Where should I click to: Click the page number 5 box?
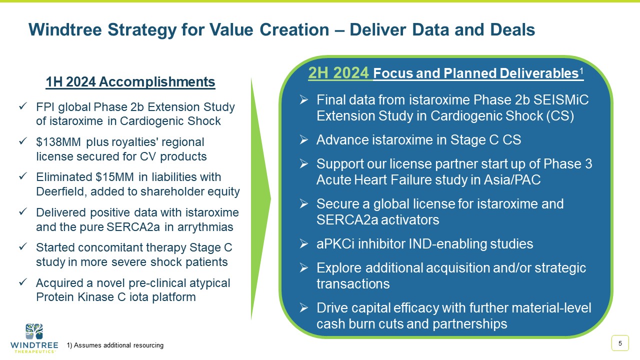[620, 343]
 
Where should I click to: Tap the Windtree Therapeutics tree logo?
[34, 332]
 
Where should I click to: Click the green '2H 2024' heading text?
[339, 73]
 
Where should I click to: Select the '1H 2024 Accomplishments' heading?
[130, 82]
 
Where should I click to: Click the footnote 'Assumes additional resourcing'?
[118, 345]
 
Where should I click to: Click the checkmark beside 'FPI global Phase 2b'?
[22, 107]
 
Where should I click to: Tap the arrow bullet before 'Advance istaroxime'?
[303, 140]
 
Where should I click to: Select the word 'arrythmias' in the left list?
[206, 227]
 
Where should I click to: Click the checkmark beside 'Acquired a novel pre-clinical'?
[22, 283]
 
